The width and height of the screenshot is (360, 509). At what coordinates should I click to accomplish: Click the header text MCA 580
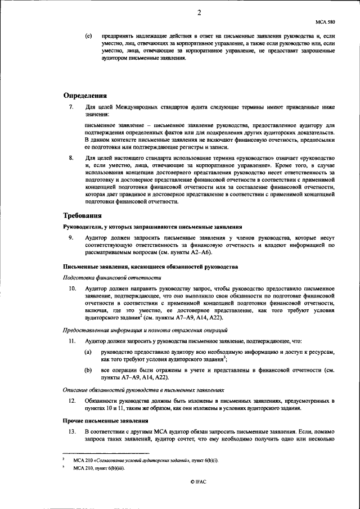click(326, 22)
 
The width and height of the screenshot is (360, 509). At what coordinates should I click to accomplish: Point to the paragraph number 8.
click(70, 159)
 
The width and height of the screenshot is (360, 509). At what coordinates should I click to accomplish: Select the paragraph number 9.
click(70, 238)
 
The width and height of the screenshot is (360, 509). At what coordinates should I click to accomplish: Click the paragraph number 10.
click(72, 288)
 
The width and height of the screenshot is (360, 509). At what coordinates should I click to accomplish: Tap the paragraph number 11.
click(72, 341)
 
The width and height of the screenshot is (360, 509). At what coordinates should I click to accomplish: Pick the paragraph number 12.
click(72, 400)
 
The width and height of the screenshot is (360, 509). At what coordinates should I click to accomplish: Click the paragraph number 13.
click(72, 431)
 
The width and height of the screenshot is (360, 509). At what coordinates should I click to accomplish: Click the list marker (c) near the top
click(88, 35)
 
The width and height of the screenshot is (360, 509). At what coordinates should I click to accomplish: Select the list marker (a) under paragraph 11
click(88, 352)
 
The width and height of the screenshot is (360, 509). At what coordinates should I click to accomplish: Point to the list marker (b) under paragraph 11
click(88, 371)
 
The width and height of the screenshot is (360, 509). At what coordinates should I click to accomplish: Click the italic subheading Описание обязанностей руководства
click(143, 390)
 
